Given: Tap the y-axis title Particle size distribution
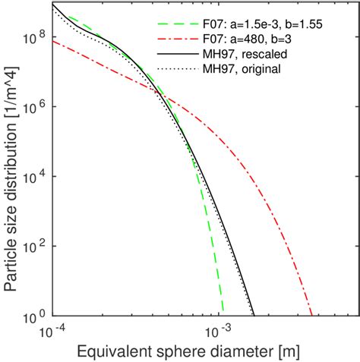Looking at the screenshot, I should [x=11, y=159].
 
